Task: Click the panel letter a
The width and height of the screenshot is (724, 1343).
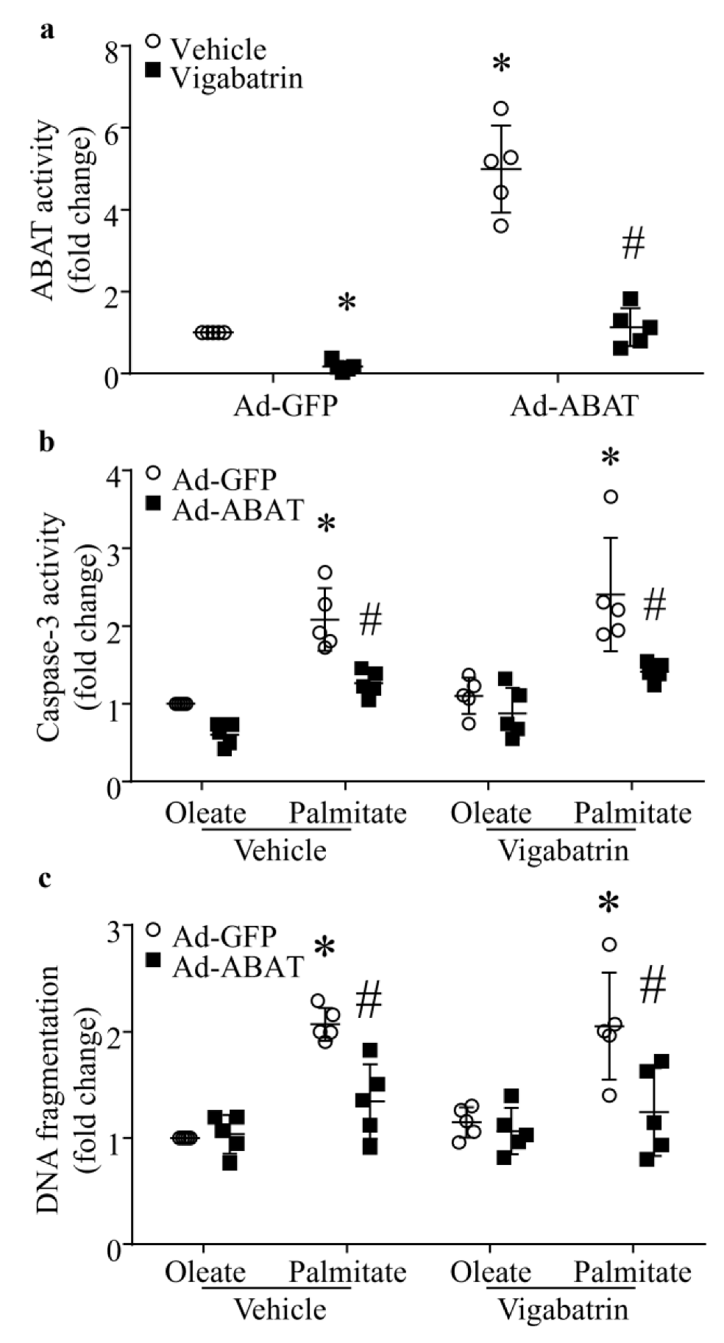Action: click(48, 31)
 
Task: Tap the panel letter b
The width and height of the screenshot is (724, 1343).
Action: click(48, 445)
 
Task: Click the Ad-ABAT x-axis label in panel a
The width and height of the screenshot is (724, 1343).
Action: click(573, 405)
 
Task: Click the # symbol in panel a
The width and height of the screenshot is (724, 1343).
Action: click(633, 243)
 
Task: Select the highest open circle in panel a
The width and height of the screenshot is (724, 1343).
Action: click(501, 109)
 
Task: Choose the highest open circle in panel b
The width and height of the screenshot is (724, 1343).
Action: click(611, 497)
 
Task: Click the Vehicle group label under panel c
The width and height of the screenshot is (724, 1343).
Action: click(280, 1308)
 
